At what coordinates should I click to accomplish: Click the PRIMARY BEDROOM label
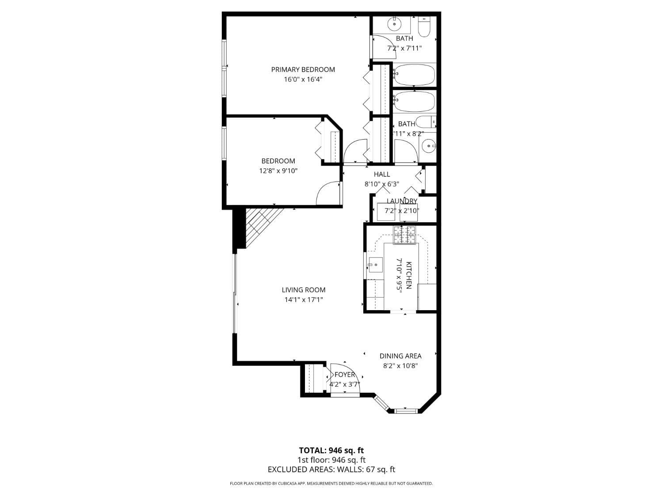(303, 69)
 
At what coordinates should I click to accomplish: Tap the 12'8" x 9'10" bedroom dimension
(278, 171)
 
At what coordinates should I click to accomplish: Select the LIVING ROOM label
(304, 290)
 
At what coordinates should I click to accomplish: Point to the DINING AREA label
(400, 356)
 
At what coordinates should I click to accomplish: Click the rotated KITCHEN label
(409, 275)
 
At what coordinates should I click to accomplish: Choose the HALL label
(382, 174)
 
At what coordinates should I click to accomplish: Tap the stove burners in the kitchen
(405, 235)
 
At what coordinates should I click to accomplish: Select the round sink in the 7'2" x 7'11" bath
(394, 24)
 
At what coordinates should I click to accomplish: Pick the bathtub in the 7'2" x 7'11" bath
(414, 75)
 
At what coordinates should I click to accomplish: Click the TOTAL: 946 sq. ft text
(331, 451)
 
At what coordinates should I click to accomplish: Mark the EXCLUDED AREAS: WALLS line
(331, 470)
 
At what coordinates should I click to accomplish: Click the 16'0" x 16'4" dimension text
(303, 80)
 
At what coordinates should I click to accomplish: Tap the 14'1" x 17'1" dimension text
(304, 300)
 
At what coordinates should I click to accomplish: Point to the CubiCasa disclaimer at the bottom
(331, 484)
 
